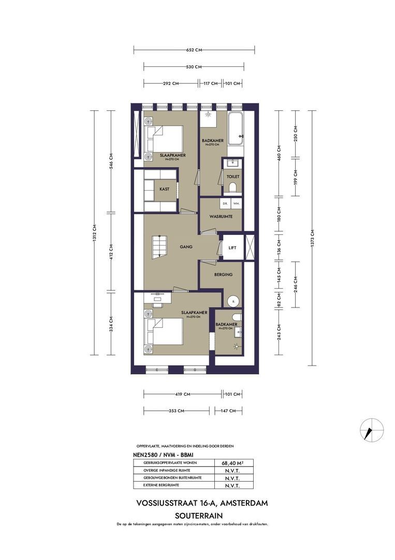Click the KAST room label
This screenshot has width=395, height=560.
point(164,189)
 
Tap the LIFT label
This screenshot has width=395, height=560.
point(232,248)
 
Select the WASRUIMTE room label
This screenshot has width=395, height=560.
point(220,216)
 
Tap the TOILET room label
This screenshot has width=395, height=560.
point(232,177)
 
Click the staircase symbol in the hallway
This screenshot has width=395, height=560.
point(158,245)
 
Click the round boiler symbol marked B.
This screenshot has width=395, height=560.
point(232,300)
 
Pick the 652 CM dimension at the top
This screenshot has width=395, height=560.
point(194,50)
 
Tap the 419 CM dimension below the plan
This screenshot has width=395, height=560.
point(182,395)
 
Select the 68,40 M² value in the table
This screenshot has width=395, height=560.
point(233,463)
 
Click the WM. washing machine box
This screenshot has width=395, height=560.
point(236,204)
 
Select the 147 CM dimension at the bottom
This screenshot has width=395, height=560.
point(228,411)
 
